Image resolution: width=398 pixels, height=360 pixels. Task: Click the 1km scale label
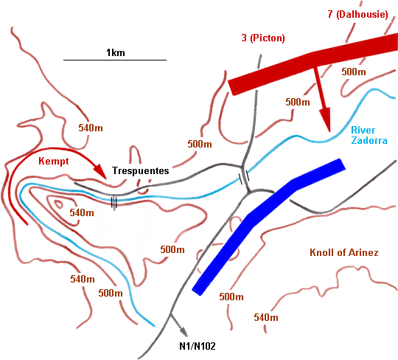pyautogui.click(x=114, y=52)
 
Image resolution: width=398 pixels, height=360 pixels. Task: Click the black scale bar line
pyautogui.click(x=114, y=60)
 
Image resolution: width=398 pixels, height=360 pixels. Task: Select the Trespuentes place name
pyautogui.click(x=140, y=170)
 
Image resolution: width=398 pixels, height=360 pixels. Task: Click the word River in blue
pyautogui.click(x=363, y=131)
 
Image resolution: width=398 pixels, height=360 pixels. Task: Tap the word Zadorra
pyautogui.click(x=368, y=140)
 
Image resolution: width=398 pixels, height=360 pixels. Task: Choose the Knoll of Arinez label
pyautogui.click(x=343, y=253)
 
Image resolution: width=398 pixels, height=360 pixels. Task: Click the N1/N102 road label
pyautogui.click(x=197, y=345)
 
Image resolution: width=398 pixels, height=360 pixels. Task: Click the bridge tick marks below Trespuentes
pyautogui.click(x=114, y=201)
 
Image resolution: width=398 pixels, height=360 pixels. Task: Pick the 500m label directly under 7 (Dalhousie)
pyautogui.click(x=354, y=72)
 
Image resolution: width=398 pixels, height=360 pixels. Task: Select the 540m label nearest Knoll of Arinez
pyautogui.click(x=265, y=317)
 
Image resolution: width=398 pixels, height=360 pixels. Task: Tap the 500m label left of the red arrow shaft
pyautogui.click(x=296, y=102)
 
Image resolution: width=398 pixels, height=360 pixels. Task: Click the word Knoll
pyautogui.click(x=322, y=253)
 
